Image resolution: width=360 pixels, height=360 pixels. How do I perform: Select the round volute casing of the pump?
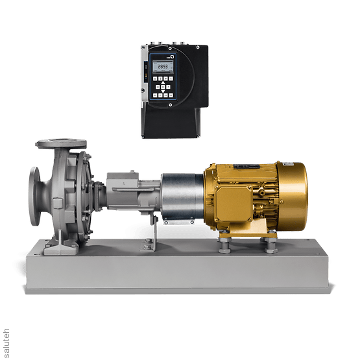(65, 188)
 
